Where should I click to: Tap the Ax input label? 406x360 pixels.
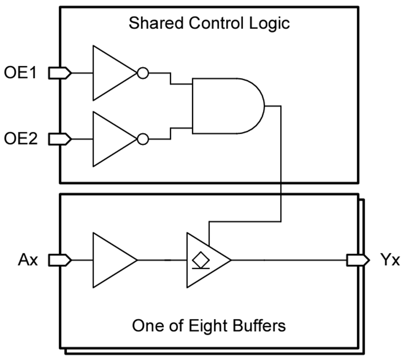(x=28, y=260)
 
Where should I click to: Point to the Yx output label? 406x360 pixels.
(x=389, y=260)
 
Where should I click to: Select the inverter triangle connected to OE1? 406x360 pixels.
(x=111, y=73)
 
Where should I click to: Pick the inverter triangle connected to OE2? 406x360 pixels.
(x=111, y=139)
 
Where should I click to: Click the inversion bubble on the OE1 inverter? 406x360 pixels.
(x=143, y=73)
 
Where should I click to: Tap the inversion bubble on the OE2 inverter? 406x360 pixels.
(x=143, y=139)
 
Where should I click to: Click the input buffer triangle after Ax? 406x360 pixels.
(x=111, y=260)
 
